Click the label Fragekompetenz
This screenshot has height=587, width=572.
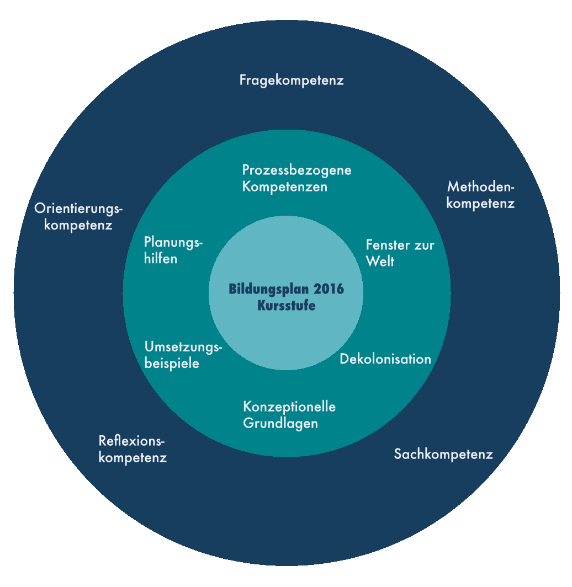[292, 81]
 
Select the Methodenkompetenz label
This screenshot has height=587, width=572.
[480, 195]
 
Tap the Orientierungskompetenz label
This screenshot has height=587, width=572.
[78, 217]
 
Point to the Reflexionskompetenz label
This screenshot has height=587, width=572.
[133, 449]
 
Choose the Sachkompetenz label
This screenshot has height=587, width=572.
[443, 455]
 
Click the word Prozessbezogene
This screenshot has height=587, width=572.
[296, 170]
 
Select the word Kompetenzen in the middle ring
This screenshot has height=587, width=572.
[285, 187]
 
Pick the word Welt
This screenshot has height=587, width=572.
[380, 262]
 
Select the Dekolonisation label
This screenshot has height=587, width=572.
[385, 359]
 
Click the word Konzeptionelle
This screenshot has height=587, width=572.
[289, 407]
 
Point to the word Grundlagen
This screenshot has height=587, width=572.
[280, 424]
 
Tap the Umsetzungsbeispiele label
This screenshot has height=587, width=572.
[183, 355]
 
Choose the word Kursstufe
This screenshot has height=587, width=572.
[287, 306]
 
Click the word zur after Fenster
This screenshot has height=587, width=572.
[423, 246]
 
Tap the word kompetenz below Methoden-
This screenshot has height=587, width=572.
[480, 204]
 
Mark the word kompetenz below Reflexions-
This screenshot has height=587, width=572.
[133, 458]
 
